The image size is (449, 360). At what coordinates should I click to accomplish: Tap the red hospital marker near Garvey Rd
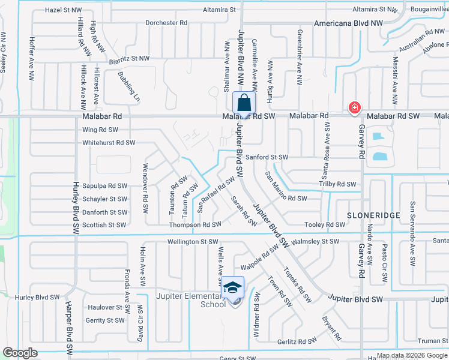click(x=355, y=108)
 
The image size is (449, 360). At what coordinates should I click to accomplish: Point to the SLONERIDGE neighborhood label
click(x=364, y=214)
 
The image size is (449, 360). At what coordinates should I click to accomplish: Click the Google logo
click(x=20, y=352)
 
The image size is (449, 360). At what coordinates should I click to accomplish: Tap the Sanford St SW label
click(x=268, y=157)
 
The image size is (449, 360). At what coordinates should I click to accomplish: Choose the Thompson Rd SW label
click(x=196, y=224)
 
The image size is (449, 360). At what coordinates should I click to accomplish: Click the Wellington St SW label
click(x=192, y=242)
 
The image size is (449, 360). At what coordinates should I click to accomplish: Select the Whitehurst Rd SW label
click(x=109, y=143)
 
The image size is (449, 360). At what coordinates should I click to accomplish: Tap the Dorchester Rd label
click(x=167, y=23)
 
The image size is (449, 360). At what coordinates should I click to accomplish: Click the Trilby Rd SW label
click(x=338, y=184)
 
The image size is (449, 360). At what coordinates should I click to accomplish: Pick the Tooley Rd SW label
click(x=325, y=225)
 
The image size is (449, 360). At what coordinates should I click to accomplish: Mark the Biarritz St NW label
click(x=128, y=58)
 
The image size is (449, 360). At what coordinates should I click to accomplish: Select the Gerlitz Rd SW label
click(x=297, y=341)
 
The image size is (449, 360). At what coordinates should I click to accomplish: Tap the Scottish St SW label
click(x=103, y=225)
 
